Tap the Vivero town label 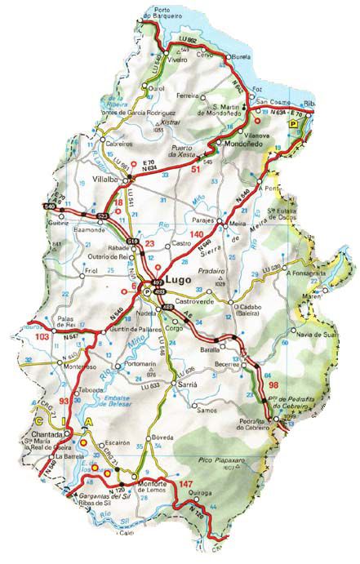(178, 60)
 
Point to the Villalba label (105, 177)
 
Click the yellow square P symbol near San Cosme (293, 121)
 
